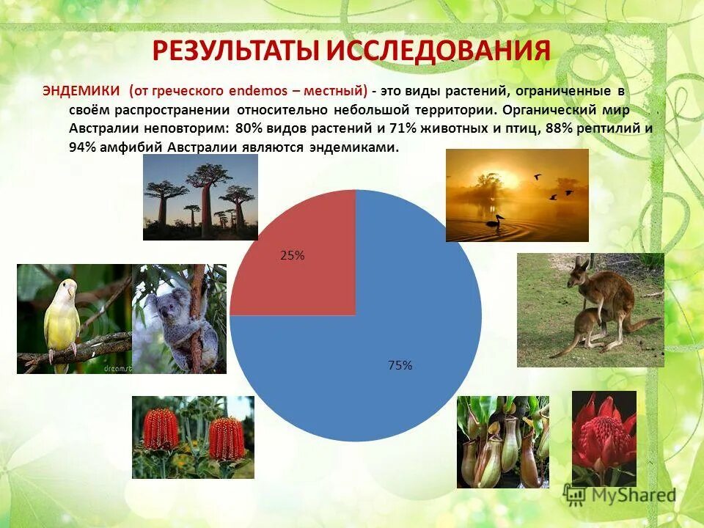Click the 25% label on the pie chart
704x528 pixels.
[292, 256]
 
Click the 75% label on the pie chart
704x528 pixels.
[400, 365]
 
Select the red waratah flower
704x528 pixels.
[604, 429]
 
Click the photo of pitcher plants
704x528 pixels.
[502, 441]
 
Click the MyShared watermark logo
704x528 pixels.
[620, 495]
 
